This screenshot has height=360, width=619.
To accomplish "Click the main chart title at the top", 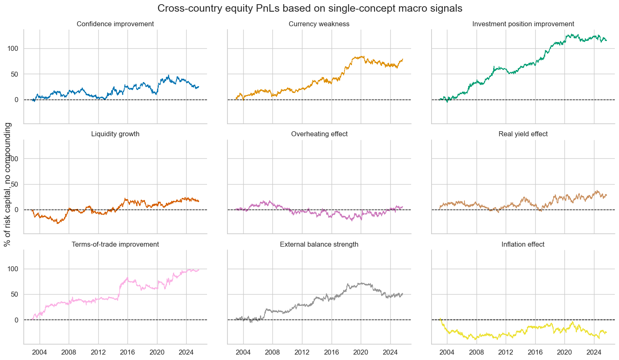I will click(310, 8).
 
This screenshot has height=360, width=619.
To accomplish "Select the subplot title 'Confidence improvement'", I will click(115, 24).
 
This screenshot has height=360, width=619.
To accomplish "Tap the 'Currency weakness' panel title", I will click(319, 24).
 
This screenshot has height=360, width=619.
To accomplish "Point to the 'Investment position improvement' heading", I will click(523, 24).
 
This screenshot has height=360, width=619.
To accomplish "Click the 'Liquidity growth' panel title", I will click(115, 134).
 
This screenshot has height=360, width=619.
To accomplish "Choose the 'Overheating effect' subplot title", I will click(319, 134).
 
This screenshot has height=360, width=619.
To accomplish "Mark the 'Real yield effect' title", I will click(523, 134).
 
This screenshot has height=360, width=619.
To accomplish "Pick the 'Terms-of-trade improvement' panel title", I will click(115, 245).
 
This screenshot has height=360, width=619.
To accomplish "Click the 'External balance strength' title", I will click(319, 245).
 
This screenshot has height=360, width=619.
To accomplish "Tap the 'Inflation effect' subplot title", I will click(523, 245).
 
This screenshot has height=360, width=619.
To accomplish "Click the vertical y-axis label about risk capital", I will click(7, 185).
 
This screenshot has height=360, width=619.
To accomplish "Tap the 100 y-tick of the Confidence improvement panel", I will click(14, 48).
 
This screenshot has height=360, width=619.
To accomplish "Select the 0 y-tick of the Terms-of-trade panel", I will click(17, 320).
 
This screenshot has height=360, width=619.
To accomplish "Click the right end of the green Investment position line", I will click(607, 40).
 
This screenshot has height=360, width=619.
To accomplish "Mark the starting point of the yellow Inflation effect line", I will click(440, 319).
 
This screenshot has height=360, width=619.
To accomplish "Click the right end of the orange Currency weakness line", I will click(403, 59).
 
